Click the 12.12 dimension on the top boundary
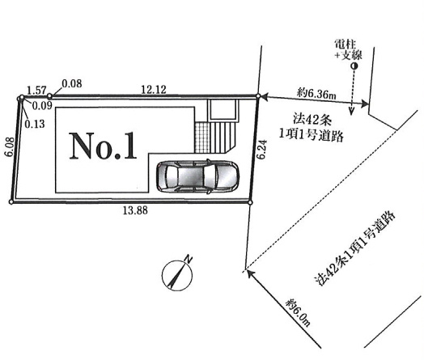point(154,90)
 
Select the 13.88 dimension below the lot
point(135,210)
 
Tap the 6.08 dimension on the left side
point(10,146)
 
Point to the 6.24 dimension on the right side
point(263,150)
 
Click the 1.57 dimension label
point(37,91)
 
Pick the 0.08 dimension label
point(72,83)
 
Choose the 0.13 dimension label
point(35,124)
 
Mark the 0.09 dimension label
point(42,106)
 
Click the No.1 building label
point(103,146)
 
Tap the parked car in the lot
point(197,176)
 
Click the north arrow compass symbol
point(177,276)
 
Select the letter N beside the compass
point(189,259)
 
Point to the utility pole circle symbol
point(354,66)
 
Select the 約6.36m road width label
point(316,94)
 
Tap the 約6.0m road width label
point(299,312)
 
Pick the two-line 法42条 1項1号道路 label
point(312,128)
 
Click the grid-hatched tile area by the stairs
point(201,137)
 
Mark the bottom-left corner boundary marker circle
point(11,202)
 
